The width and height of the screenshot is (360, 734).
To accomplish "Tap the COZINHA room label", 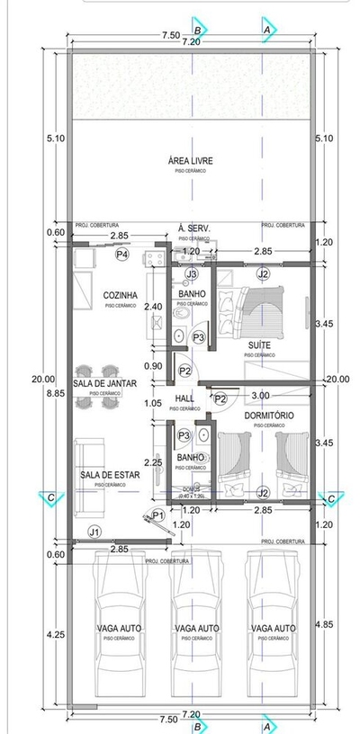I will point(120,294).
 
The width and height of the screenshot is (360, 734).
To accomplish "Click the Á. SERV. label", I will point(193,228).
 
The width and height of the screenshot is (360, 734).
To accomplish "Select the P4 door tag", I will point(122,255).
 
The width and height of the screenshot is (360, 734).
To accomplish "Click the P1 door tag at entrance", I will point(157,515).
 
